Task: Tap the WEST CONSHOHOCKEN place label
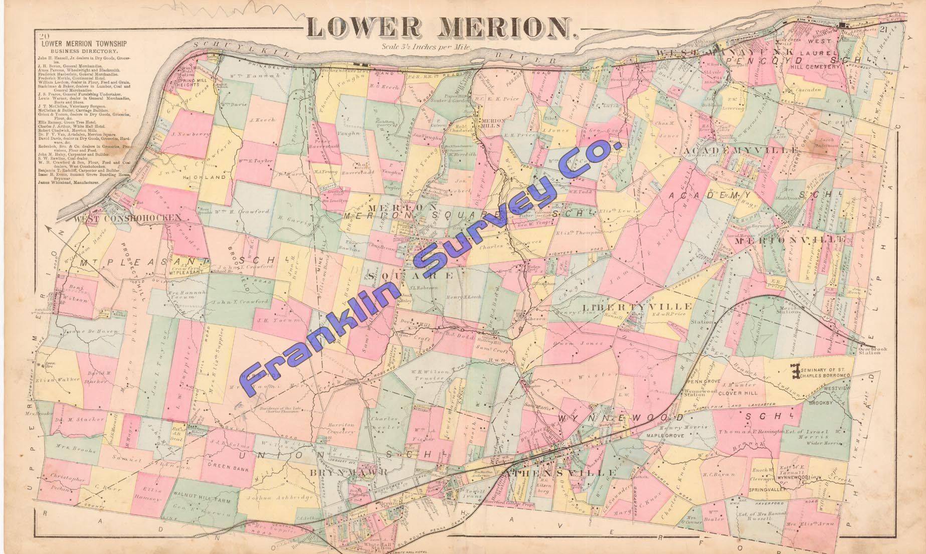[x=127, y=218]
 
